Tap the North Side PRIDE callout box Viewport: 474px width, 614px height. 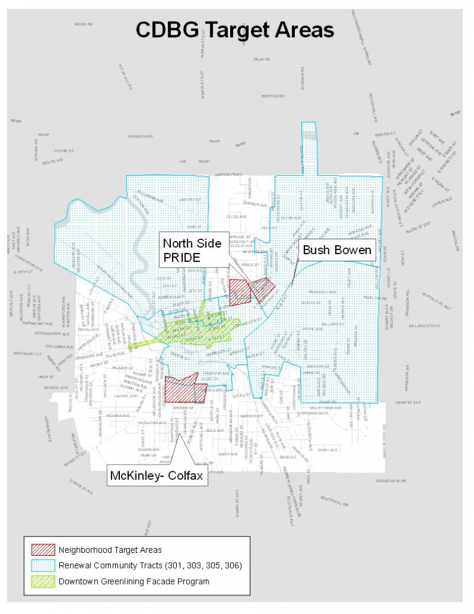tap(192, 249)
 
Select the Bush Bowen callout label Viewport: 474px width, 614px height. tap(337, 249)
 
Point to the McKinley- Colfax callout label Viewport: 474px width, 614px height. tap(156, 476)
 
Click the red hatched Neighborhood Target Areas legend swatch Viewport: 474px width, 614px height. tap(44, 549)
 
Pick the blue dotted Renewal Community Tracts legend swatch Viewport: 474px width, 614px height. tap(44, 565)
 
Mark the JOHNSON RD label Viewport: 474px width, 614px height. tap(141, 137)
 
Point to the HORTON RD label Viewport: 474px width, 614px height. tap(271, 96)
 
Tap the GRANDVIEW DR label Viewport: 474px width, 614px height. tap(391, 481)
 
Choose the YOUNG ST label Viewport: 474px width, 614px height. tap(63, 151)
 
